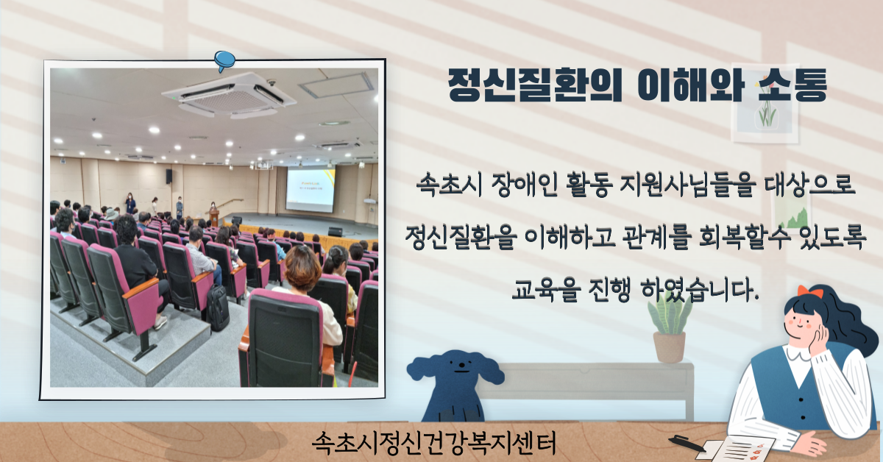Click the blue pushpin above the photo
tap(224, 61)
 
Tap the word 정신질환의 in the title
tap(534, 85)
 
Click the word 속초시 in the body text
tap(450, 185)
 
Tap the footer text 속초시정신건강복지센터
tap(433, 443)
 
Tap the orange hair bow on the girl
tap(810, 292)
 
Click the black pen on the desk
tap(687, 443)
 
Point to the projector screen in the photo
tap(311, 189)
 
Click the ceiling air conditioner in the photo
tap(229, 96)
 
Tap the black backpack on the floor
tap(218, 308)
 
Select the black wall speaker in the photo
tap(169, 177)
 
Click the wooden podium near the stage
tap(214, 218)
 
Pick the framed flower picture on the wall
tap(765, 103)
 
